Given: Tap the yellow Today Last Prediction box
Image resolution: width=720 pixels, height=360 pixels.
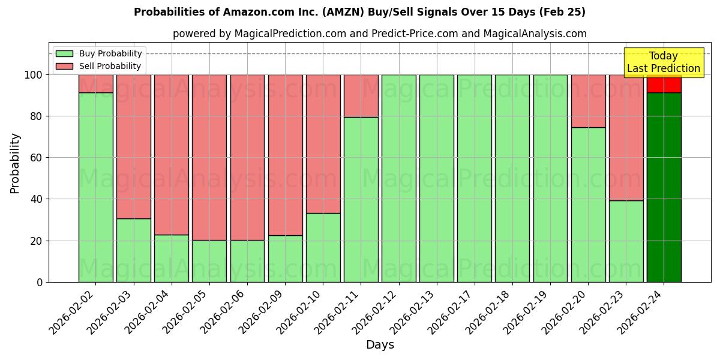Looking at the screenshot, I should pyautogui.click(x=663, y=62).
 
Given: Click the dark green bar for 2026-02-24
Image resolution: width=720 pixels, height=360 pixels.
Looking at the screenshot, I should pyautogui.click(x=664, y=187).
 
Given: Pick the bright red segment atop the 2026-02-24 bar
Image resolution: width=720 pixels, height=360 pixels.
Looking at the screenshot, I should pyautogui.click(x=664, y=84).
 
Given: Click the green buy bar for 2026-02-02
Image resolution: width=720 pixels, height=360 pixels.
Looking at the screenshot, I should pyautogui.click(x=96, y=187).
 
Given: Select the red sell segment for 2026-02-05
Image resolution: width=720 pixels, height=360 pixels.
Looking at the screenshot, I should pyautogui.click(x=209, y=157).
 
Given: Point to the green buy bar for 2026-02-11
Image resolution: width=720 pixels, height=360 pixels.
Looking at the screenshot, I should pyautogui.click(x=361, y=199).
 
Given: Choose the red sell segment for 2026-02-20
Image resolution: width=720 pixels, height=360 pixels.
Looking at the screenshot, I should pyautogui.click(x=588, y=101).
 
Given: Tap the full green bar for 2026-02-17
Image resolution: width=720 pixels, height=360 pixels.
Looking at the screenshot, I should pyautogui.click(x=475, y=178).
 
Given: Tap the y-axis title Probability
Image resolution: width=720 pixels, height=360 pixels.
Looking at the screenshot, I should pyautogui.click(x=15, y=163).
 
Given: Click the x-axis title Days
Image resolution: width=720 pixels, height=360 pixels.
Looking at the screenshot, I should pyautogui.click(x=380, y=345).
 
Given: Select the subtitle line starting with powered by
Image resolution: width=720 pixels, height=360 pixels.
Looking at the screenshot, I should pyautogui.click(x=380, y=34).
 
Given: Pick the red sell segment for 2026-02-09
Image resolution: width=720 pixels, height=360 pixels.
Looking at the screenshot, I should pyautogui.click(x=285, y=155).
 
